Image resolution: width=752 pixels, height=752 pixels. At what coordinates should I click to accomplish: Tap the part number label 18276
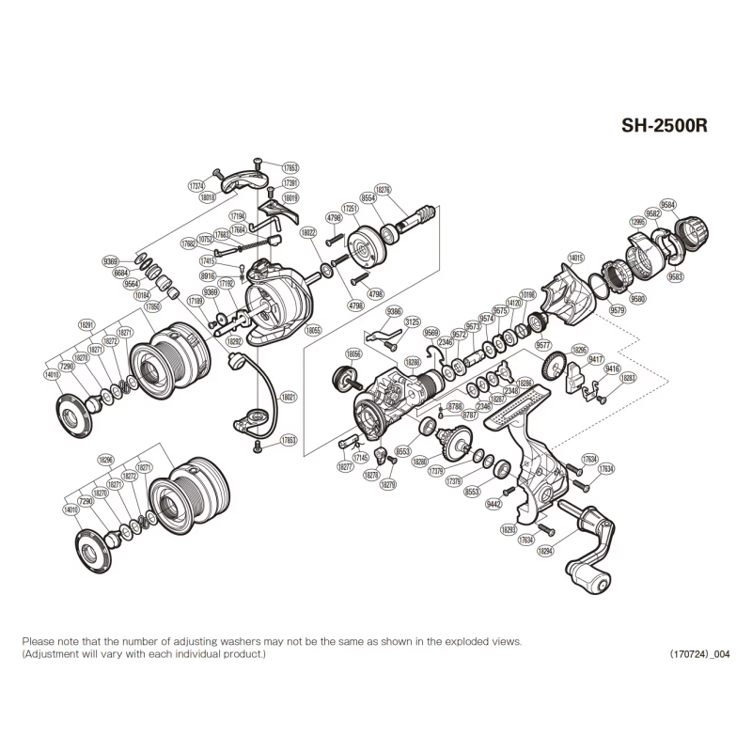[x=382, y=189]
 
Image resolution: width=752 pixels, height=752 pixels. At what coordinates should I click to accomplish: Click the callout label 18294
[x=545, y=552]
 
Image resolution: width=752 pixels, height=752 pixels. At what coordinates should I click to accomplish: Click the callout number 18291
[x=87, y=324]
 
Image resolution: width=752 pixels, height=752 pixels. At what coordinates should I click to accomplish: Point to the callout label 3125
[x=412, y=322]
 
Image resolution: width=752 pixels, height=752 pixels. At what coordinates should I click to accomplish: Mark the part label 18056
[x=352, y=354]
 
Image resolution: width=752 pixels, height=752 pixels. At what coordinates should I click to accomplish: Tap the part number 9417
[x=595, y=360]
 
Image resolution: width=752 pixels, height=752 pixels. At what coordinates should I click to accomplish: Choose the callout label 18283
[x=629, y=379]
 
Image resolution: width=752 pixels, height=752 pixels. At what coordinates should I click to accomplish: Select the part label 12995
[x=638, y=222]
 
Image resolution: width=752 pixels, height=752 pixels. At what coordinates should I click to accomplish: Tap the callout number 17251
[x=350, y=207]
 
